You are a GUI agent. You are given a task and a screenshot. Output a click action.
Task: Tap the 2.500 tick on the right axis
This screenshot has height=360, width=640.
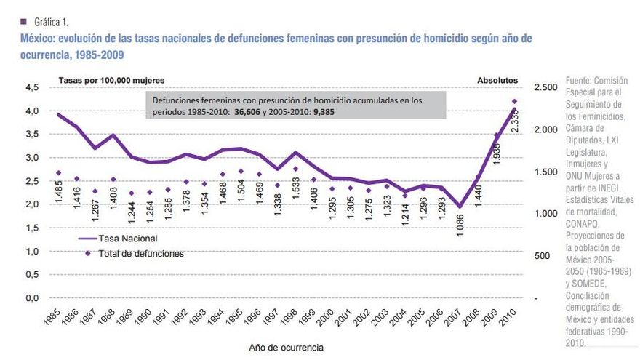tap(546, 87)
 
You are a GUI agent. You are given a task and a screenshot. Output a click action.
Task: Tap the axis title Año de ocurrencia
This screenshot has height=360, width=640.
tap(287, 347)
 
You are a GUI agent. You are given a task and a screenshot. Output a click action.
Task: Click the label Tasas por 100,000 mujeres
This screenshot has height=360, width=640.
tap(111, 79)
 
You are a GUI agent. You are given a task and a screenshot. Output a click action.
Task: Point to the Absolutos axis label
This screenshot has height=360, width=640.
tap(497, 79)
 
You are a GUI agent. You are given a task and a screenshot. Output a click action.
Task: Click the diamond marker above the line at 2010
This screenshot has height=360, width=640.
tap(515, 102)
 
